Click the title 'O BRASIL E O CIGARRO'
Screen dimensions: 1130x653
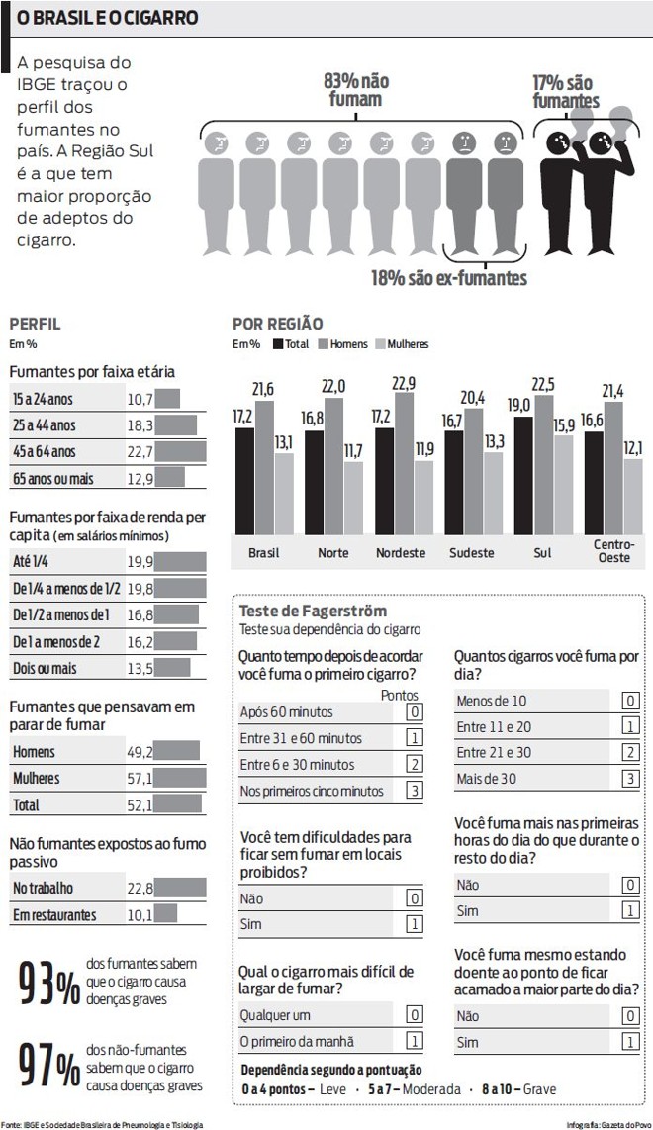(x=106, y=18)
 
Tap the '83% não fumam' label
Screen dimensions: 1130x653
(x=356, y=90)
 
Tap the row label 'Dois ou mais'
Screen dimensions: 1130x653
(x=45, y=668)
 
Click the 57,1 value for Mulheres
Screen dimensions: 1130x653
(x=140, y=779)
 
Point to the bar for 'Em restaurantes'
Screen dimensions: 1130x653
(x=165, y=914)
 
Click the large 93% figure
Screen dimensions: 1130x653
(x=49, y=985)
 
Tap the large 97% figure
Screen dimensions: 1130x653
(x=49, y=1068)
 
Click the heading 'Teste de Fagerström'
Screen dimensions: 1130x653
(x=314, y=612)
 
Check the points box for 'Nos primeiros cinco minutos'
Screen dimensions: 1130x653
(x=416, y=791)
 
